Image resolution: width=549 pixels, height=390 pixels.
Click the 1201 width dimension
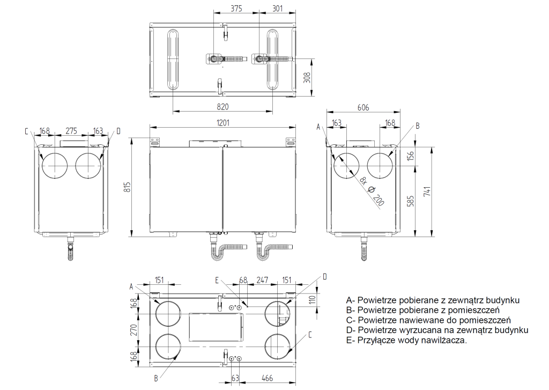coord(223,123)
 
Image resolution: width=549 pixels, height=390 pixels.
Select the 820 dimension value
coord(222,107)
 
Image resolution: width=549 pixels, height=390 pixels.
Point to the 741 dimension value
coord(427,191)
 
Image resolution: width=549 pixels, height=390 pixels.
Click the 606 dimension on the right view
coord(363,108)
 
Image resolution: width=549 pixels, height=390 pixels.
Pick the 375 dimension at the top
coord(236,9)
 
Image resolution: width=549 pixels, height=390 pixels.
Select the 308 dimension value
coord(307,77)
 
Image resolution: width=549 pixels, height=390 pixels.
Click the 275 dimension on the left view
coord(71,131)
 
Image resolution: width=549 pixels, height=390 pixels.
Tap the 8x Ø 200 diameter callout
coord(372,192)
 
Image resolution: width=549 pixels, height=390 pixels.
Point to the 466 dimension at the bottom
coord(267,378)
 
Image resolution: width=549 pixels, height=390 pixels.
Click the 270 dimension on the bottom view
coord(133,330)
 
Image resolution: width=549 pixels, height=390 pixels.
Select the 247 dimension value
coord(262,280)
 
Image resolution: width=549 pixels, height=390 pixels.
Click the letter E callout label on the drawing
coord(217,281)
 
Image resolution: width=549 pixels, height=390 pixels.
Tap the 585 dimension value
coord(411,201)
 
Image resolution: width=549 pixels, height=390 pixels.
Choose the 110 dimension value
coord(313,299)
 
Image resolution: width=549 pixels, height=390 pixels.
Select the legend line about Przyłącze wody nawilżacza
coord(406,340)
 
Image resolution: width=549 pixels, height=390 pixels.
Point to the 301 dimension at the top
coord(278,9)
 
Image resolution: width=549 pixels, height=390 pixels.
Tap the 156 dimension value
coord(411,156)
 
